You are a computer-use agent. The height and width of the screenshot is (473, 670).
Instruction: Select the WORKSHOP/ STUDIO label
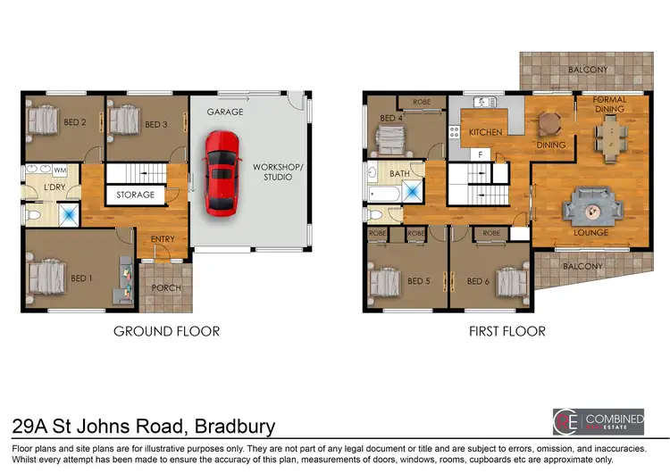coord(277,171)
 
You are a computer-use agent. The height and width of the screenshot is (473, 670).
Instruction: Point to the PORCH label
coord(165,287)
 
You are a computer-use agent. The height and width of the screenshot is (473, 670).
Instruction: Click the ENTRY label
coord(163,238)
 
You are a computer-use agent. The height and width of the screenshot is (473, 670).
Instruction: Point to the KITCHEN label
coord(486,132)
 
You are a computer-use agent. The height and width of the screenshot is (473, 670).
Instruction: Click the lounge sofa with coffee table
coord(590,209)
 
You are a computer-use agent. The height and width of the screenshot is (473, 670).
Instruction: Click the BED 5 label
coord(418,281)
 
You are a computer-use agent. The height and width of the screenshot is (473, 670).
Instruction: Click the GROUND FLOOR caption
coord(166,331)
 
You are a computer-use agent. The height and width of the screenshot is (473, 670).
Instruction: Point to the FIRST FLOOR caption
coord(507,331)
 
